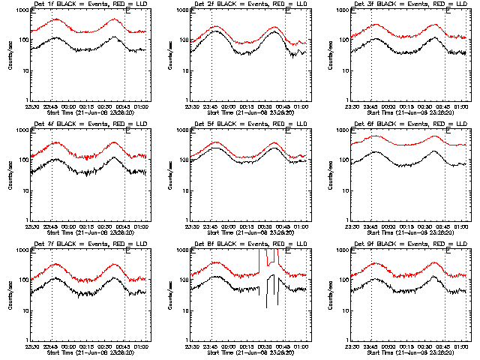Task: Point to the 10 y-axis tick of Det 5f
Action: tap(184, 190)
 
